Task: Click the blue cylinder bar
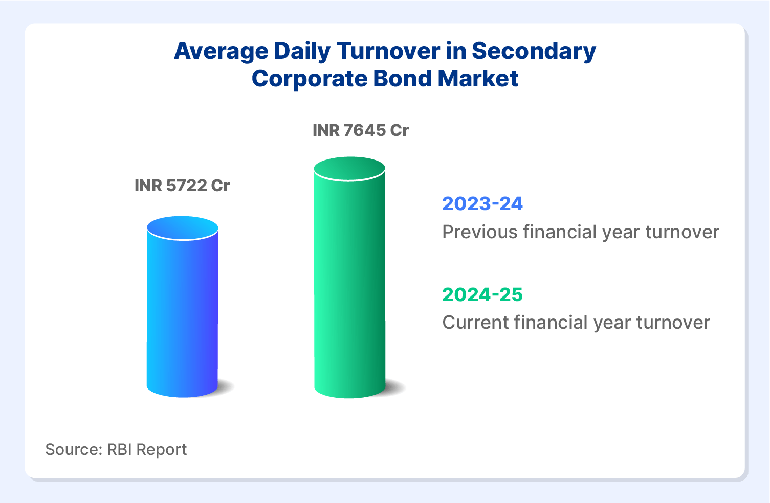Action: click(x=183, y=307)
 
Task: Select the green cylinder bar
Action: click(x=349, y=278)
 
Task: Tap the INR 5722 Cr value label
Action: click(x=182, y=186)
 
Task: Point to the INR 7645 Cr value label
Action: click(x=361, y=130)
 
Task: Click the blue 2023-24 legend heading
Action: click(x=482, y=203)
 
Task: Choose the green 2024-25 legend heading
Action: click(x=482, y=294)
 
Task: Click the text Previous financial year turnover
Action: click(x=581, y=233)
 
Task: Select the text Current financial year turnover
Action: click(x=576, y=323)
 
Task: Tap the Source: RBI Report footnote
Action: click(x=116, y=449)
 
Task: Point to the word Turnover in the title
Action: click(x=388, y=51)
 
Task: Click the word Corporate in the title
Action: click(x=310, y=79)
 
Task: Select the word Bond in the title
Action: click(x=402, y=78)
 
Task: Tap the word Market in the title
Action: click(x=478, y=78)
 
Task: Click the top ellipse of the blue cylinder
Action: click(x=183, y=227)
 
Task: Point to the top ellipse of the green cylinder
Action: click(x=349, y=169)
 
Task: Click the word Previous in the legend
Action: click(x=480, y=232)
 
